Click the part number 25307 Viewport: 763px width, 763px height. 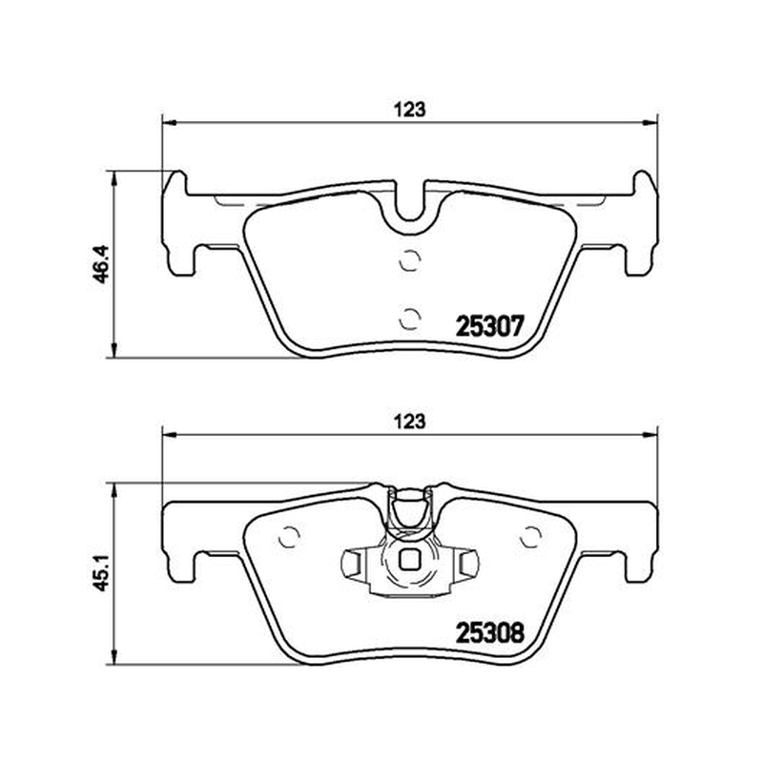(489, 325)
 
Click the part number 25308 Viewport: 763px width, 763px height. (489, 633)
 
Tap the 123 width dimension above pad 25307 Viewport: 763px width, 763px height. (409, 110)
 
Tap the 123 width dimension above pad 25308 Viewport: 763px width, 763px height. (409, 421)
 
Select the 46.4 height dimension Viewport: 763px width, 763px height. (103, 264)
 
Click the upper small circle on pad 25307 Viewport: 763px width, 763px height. (409, 259)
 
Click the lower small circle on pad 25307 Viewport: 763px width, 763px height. (409, 319)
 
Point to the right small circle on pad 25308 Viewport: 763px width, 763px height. (530, 537)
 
